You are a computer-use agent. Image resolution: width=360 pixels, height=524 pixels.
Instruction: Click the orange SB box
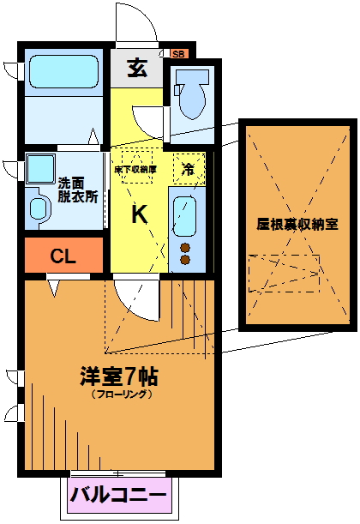click(x=179, y=54)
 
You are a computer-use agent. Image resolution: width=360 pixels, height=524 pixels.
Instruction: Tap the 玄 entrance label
click(x=138, y=68)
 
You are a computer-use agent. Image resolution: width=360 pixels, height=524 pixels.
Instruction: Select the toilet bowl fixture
click(x=191, y=94)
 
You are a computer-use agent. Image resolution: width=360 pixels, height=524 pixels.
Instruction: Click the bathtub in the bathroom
click(x=64, y=72)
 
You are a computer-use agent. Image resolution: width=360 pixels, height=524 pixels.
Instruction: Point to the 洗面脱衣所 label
click(x=78, y=190)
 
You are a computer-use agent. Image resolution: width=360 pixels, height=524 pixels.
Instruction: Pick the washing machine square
click(x=40, y=169)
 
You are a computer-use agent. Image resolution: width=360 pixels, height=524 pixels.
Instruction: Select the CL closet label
click(x=63, y=256)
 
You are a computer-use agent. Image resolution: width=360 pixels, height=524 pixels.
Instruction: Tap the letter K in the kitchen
click(x=139, y=214)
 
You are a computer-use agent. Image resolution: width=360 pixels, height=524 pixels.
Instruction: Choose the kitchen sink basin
click(x=184, y=217)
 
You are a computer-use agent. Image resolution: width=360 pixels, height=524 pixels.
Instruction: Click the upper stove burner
click(x=184, y=248)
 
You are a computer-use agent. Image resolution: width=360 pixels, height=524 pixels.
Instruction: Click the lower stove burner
click(x=184, y=260)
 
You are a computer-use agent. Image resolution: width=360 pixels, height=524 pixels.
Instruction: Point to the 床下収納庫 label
click(x=135, y=170)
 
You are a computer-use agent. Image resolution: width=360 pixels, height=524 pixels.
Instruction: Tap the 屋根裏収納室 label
click(x=297, y=224)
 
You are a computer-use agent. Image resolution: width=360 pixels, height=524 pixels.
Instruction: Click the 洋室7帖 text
click(x=119, y=376)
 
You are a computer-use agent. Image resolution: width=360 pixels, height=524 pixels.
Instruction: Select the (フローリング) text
click(x=123, y=394)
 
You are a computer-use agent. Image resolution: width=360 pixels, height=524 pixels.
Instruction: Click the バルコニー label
click(x=118, y=495)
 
